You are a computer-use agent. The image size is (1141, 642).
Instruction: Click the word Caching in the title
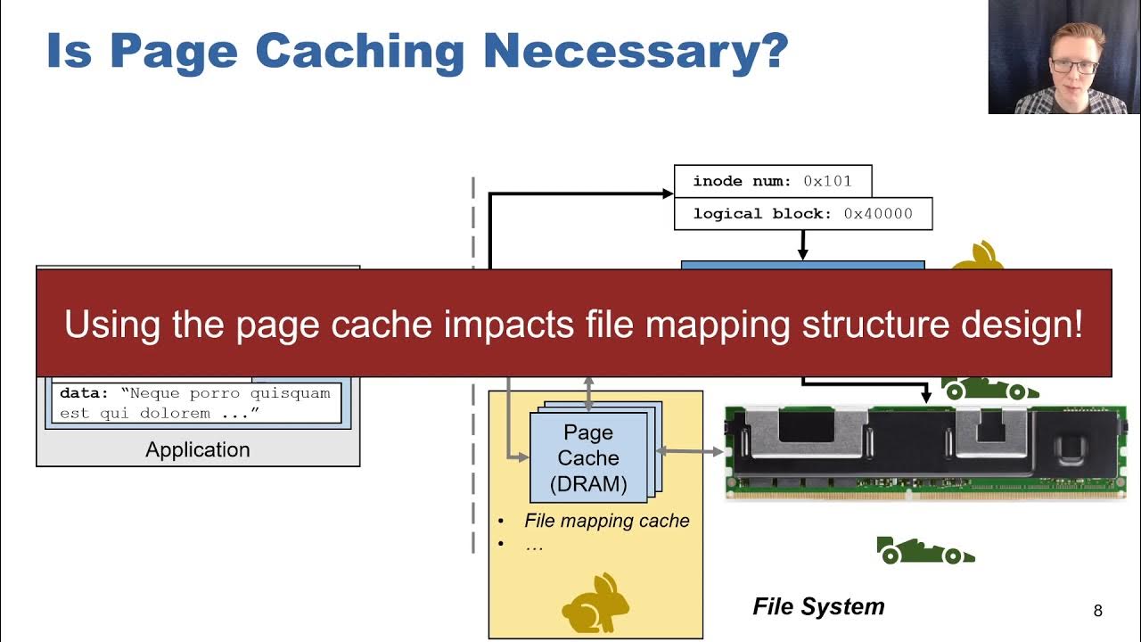[360, 51]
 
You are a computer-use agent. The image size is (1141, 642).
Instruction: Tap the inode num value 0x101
[827, 181]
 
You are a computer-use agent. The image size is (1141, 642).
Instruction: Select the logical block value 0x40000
[878, 214]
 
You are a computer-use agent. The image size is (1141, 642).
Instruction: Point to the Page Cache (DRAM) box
[588, 458]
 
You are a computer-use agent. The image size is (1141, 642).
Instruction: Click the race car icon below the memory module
[925, 551]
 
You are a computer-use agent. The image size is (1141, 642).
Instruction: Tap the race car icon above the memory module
[989, 388]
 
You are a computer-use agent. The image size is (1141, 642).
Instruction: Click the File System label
[818, 607]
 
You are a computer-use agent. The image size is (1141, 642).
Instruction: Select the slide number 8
[1097, 611]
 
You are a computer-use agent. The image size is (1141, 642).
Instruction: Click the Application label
[198, 449]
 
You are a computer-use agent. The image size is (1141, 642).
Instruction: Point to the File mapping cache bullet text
[606, 521]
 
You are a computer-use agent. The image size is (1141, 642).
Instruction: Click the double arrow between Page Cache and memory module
[690, 452]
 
